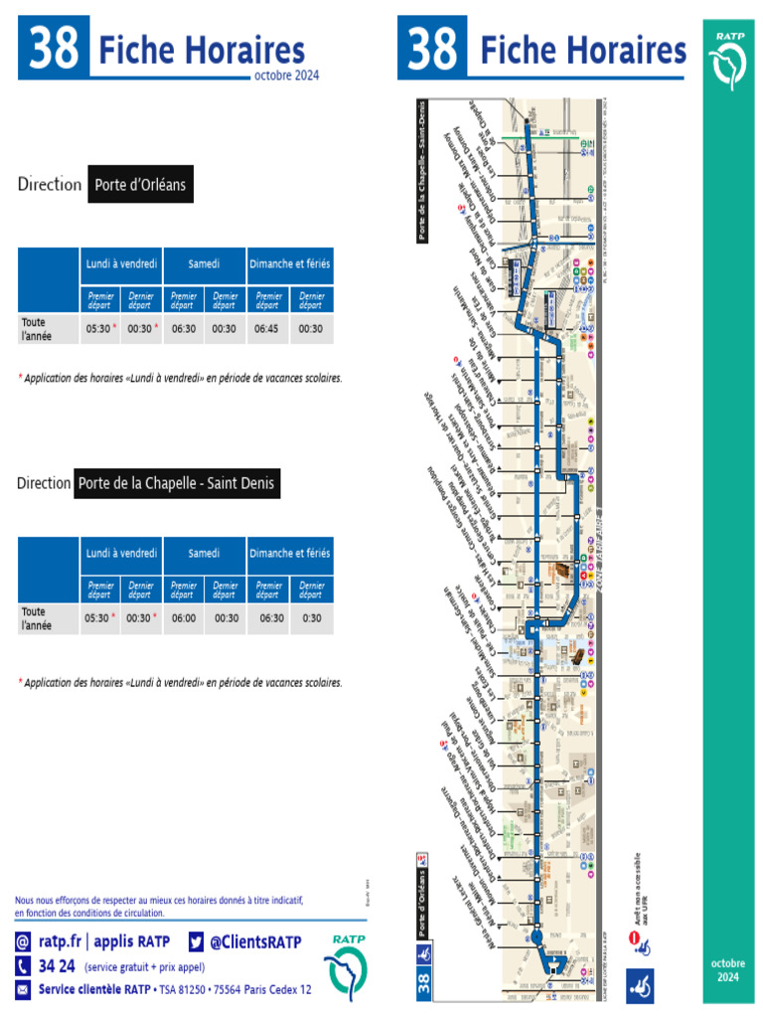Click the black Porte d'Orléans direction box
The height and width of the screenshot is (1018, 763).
pyautogui.click(x=140, y=185)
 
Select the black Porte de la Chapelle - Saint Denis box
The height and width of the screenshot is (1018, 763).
pyautogui.click(x=177, y=484)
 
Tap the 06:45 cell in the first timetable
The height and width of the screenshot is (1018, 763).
pyautogui.click(x=267, y=329)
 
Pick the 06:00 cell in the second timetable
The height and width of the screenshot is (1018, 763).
pyautogui.click(x=184, y=617)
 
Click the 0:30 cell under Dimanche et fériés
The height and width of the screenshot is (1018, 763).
pyautogui.click(x=312, y=617)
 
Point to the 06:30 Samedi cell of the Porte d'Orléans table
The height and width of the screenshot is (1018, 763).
pyautogui.click(x=184, y=329)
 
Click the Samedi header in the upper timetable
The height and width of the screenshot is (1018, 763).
pyautogui.click(x=205, y=264)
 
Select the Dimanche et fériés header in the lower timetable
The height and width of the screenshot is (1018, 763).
pyautogui.click(x=290, y=553)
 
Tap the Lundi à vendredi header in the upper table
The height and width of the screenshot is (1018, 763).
pyautogui.click(x=121, y=264)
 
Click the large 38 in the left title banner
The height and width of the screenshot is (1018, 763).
pyautogui.click(x=54, y=49)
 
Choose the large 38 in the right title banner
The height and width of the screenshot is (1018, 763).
pyautogui.click(x=433, y=49)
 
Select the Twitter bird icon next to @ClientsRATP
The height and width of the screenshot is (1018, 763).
pyautogui.click(x=195, y=941)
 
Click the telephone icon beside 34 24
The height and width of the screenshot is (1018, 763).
pyautogui.click(x=23, y=965)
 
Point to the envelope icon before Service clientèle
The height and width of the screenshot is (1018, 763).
pyautogui.click(x=23, y=989)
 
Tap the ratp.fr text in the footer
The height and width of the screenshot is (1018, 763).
pyautogui.click(x=60, y=941)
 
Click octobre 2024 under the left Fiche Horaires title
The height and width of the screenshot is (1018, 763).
pyautogui.click(x=286, y=76)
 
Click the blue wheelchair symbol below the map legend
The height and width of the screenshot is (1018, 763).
pyautogui.click(x=641, y=986)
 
